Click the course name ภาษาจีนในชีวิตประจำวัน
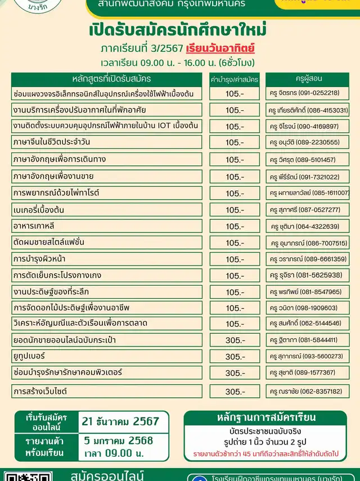pyautogui.click(x=51, y=142)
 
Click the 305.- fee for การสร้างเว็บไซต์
pyautogui.click(x=235, y=391)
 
